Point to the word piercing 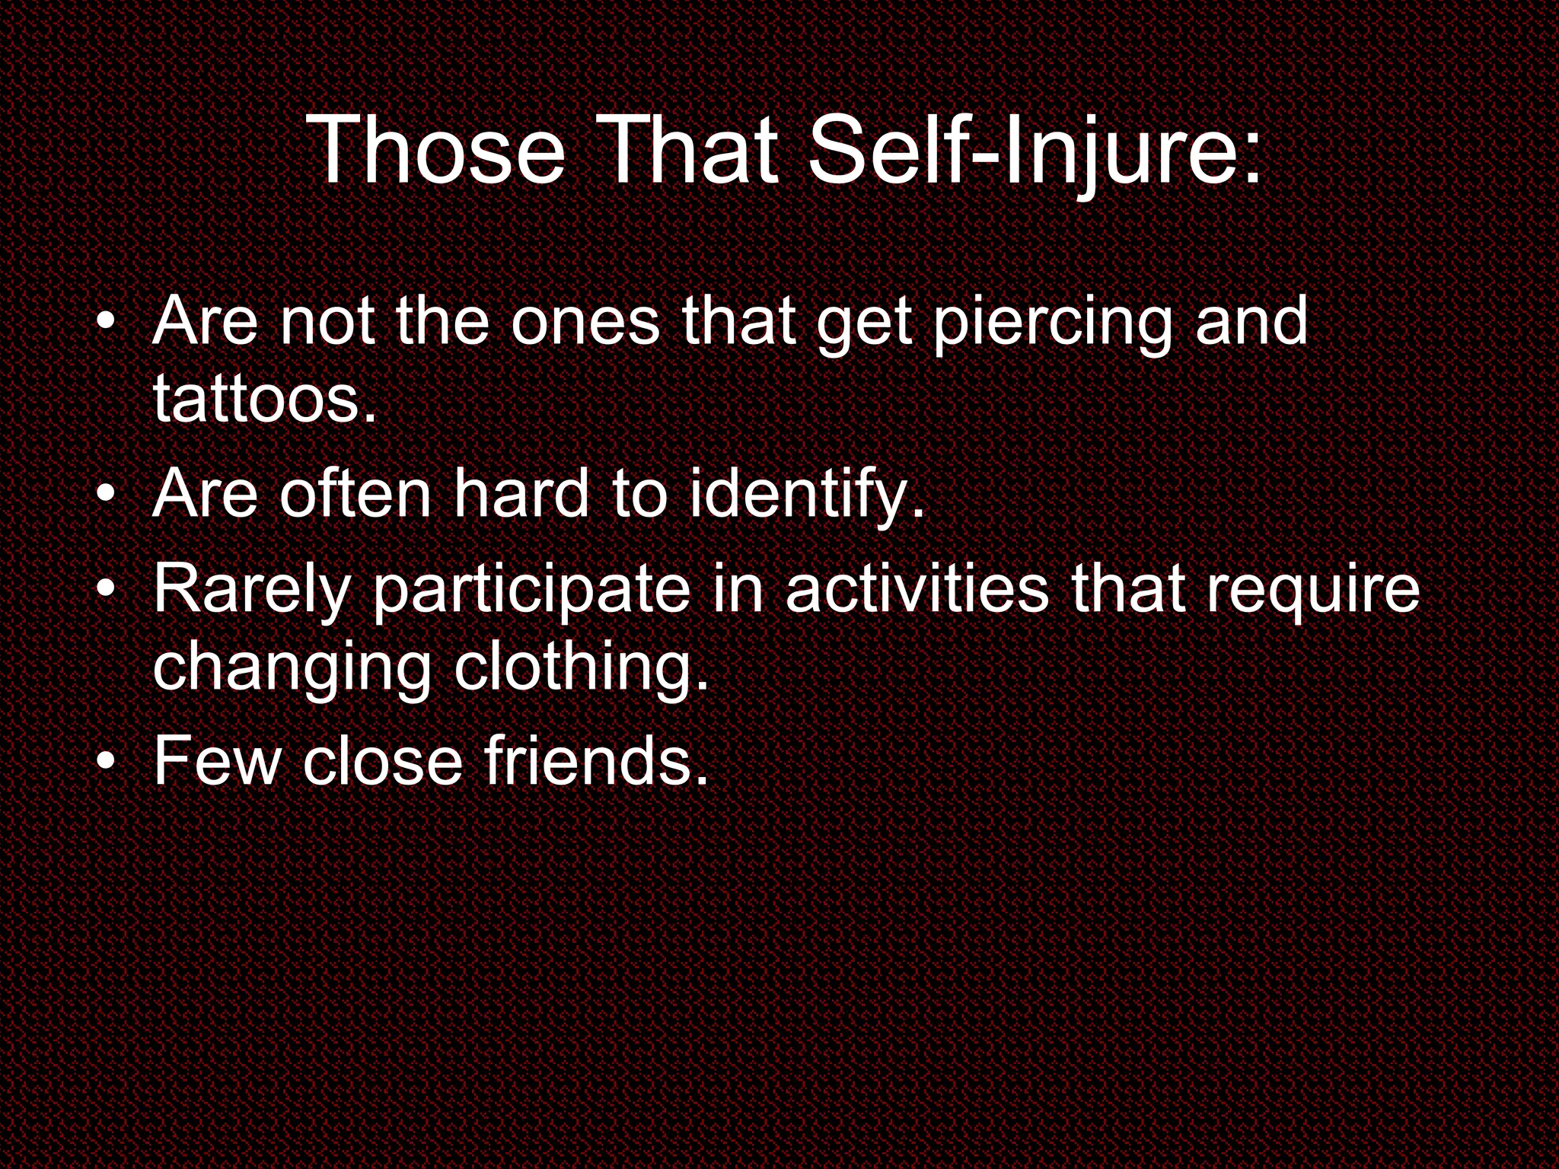(x=1053, y=323)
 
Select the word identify (x=807, y=495)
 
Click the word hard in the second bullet (x=522, y=494)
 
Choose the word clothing (x=581, y=668)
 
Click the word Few (x=218, y=760)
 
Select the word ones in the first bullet (x=585, y=323)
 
